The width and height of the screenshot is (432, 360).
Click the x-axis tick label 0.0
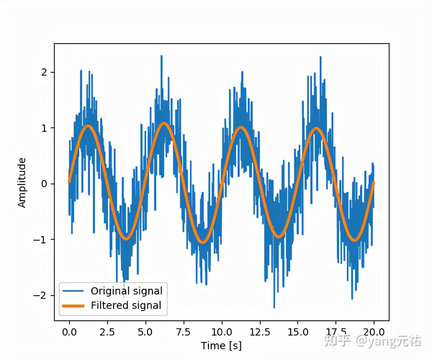click(69, 332)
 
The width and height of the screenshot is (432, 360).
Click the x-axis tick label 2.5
click(107, 332)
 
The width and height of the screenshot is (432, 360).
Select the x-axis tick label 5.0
click(145, 332)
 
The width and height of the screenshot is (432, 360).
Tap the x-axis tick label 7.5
click(184, 332)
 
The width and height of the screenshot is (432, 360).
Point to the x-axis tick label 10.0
click(222, 332)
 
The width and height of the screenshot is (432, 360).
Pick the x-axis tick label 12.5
click(260, 332)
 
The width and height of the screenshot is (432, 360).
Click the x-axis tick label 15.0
click(298, 332)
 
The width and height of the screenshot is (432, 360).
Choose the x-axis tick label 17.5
click(336, 332)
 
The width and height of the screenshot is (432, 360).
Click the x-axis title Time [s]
click(221, 346)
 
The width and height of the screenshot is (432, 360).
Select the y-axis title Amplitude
click(22, 183)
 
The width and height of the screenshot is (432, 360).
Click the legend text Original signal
click(126, 291)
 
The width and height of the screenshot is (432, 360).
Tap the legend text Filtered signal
click(126, 306)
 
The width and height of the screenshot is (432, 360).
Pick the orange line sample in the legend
click(73, 306)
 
